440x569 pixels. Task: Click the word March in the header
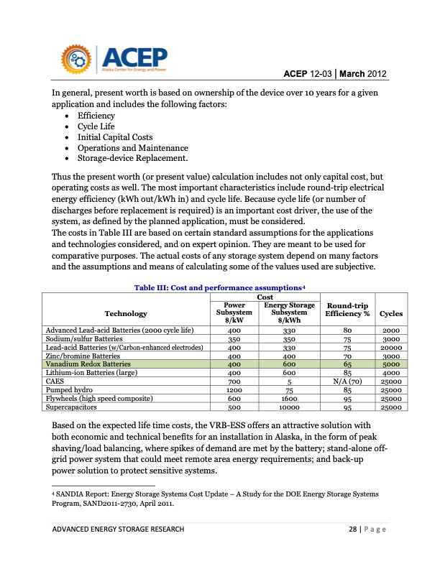(350, 73)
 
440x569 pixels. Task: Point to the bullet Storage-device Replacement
(132, 158)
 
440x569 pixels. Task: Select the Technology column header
(126, 313)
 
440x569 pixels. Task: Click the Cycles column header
(391, 313)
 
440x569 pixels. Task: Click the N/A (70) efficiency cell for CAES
(347, 381)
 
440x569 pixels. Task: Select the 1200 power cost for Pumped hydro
(234, 390)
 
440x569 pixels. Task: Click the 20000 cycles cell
(391, 347)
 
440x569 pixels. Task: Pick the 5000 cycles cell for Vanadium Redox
(391, 364)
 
